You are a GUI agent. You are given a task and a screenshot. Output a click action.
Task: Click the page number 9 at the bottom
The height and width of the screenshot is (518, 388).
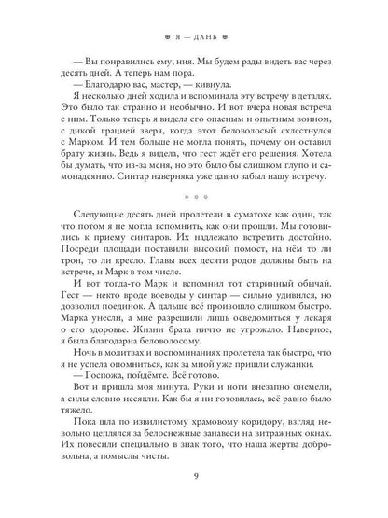(194, 481)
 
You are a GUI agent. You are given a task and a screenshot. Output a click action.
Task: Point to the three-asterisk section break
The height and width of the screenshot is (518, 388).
(193, 224)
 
